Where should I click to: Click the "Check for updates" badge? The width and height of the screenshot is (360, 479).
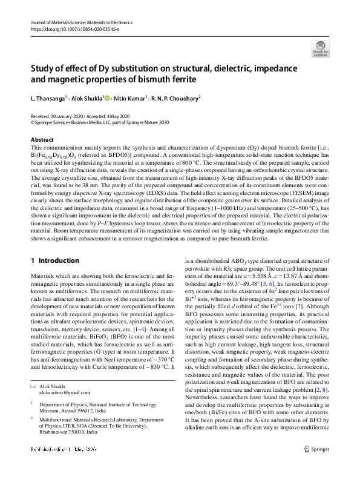pyautogui.click(x=321, y=48)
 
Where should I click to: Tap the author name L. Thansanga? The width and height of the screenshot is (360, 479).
pyautogui.click(x=48, y=97)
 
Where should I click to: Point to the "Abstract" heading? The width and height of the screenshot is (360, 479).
pyautogui.click(x=42, y=140)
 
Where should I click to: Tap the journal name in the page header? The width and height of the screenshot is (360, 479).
pyautogui.click(x=81, y=22)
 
